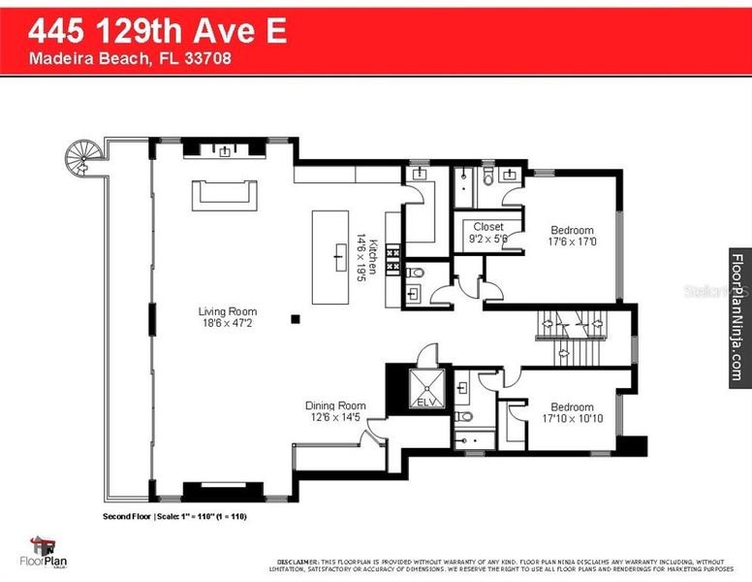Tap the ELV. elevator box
coord(426,388)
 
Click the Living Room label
coord(225,311)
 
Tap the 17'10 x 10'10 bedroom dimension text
coord(572,420)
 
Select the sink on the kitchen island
coord(339,257)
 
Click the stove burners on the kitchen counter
coord(393,257)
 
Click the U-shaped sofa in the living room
coord(225,194)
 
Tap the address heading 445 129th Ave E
coord(157,31)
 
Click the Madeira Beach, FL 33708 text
coord(130,58)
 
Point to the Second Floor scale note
coord(174,516)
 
